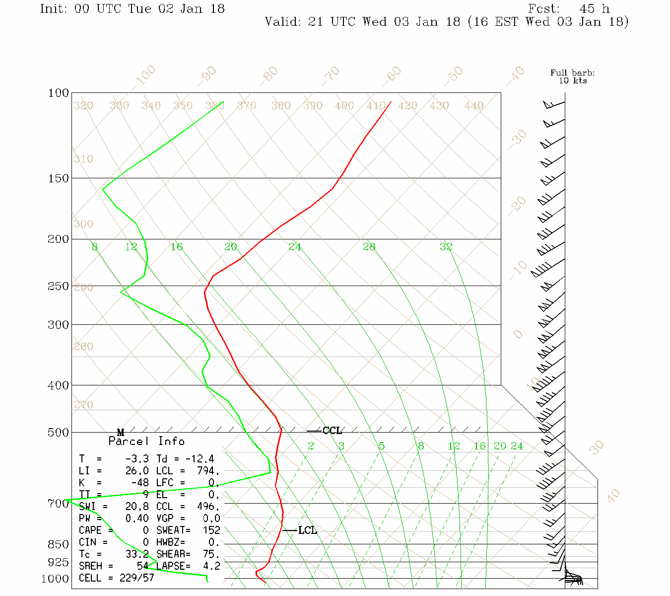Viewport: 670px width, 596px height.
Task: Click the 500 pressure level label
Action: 59,433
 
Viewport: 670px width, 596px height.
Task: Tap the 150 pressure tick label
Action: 59,178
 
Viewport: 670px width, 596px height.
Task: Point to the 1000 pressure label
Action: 55,579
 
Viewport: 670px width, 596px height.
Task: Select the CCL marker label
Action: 332,431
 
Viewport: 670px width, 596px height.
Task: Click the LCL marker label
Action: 307,530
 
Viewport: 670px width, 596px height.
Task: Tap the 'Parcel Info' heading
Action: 146,441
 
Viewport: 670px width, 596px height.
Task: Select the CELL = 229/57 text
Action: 117,578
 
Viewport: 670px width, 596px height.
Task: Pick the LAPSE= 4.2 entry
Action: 188,566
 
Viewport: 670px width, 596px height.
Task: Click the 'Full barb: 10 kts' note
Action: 572,76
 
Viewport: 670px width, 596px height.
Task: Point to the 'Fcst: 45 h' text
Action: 569,9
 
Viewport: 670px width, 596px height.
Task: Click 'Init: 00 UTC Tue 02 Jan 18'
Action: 132,9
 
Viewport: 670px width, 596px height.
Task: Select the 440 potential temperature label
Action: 474,106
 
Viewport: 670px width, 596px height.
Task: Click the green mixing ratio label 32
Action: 446,247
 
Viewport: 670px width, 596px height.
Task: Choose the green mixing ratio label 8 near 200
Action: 95,247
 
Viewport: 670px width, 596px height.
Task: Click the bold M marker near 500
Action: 121,433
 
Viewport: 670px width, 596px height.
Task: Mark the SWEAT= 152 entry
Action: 188,530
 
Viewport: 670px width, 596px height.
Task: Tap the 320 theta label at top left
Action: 83,106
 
